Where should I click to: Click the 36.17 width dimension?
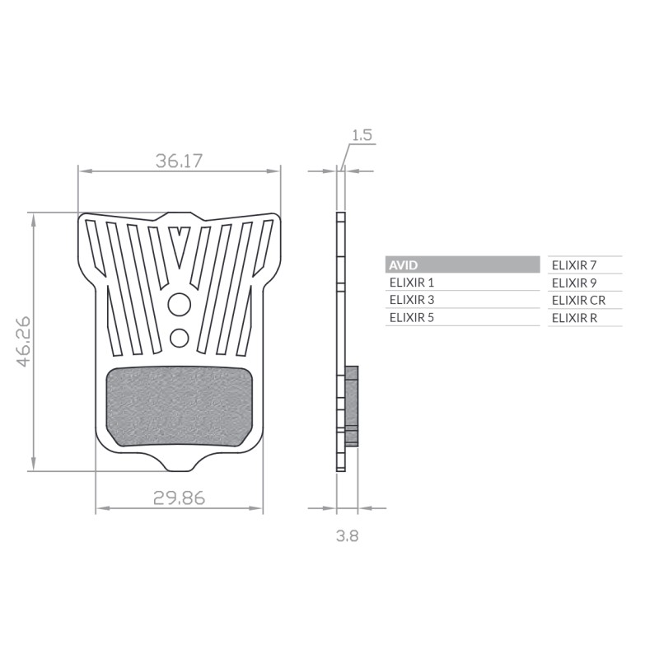pyautogui.click(x=179, y=161)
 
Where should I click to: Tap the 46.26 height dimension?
pyautogui.click(x=24, y=341)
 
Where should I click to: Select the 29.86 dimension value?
pyautogui.click(x=179, y=498)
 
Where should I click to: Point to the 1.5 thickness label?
pyautogui.click(x=362, y=135)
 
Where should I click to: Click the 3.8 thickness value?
pyautogui.click(x=347, y=536)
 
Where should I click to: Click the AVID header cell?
pyautogui.click(x=462, y=264)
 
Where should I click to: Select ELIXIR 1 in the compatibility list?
pyautogui.click(x=411, y=283)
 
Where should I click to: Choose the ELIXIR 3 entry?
pyautogui.click(x=411, y=300)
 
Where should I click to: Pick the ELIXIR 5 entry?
pyautogui.click(x=411, y=318)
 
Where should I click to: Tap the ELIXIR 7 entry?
pyautogui.click(x=574, y=265)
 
